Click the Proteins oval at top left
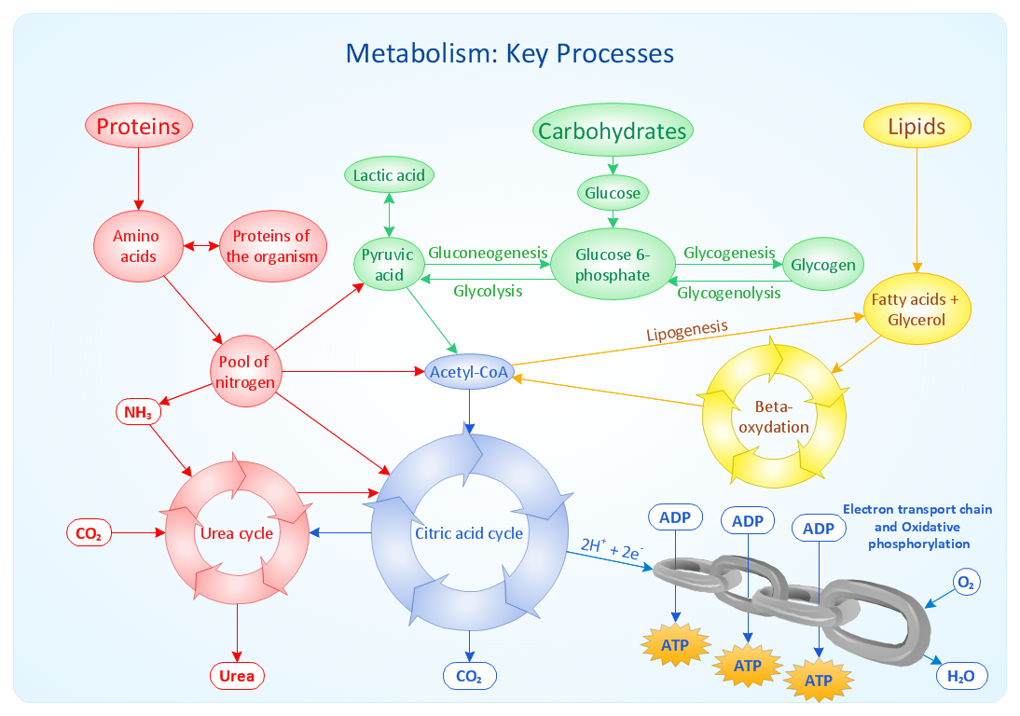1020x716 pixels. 139,127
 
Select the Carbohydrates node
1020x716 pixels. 613,131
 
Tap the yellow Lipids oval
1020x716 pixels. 917,128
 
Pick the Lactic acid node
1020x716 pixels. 389,175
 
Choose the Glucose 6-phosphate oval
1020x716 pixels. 613,265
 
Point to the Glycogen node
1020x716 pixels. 822,265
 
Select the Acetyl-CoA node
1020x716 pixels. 469,372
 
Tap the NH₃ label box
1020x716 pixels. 138,411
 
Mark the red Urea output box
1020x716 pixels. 237,676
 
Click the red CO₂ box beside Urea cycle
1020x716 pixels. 90,534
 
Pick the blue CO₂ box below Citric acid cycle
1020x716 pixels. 469,676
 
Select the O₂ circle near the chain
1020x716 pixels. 966,584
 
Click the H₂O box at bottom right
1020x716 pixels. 960,677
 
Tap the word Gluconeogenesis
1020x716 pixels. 489,253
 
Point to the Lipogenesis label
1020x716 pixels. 687,330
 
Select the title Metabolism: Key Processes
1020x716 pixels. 509,52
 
